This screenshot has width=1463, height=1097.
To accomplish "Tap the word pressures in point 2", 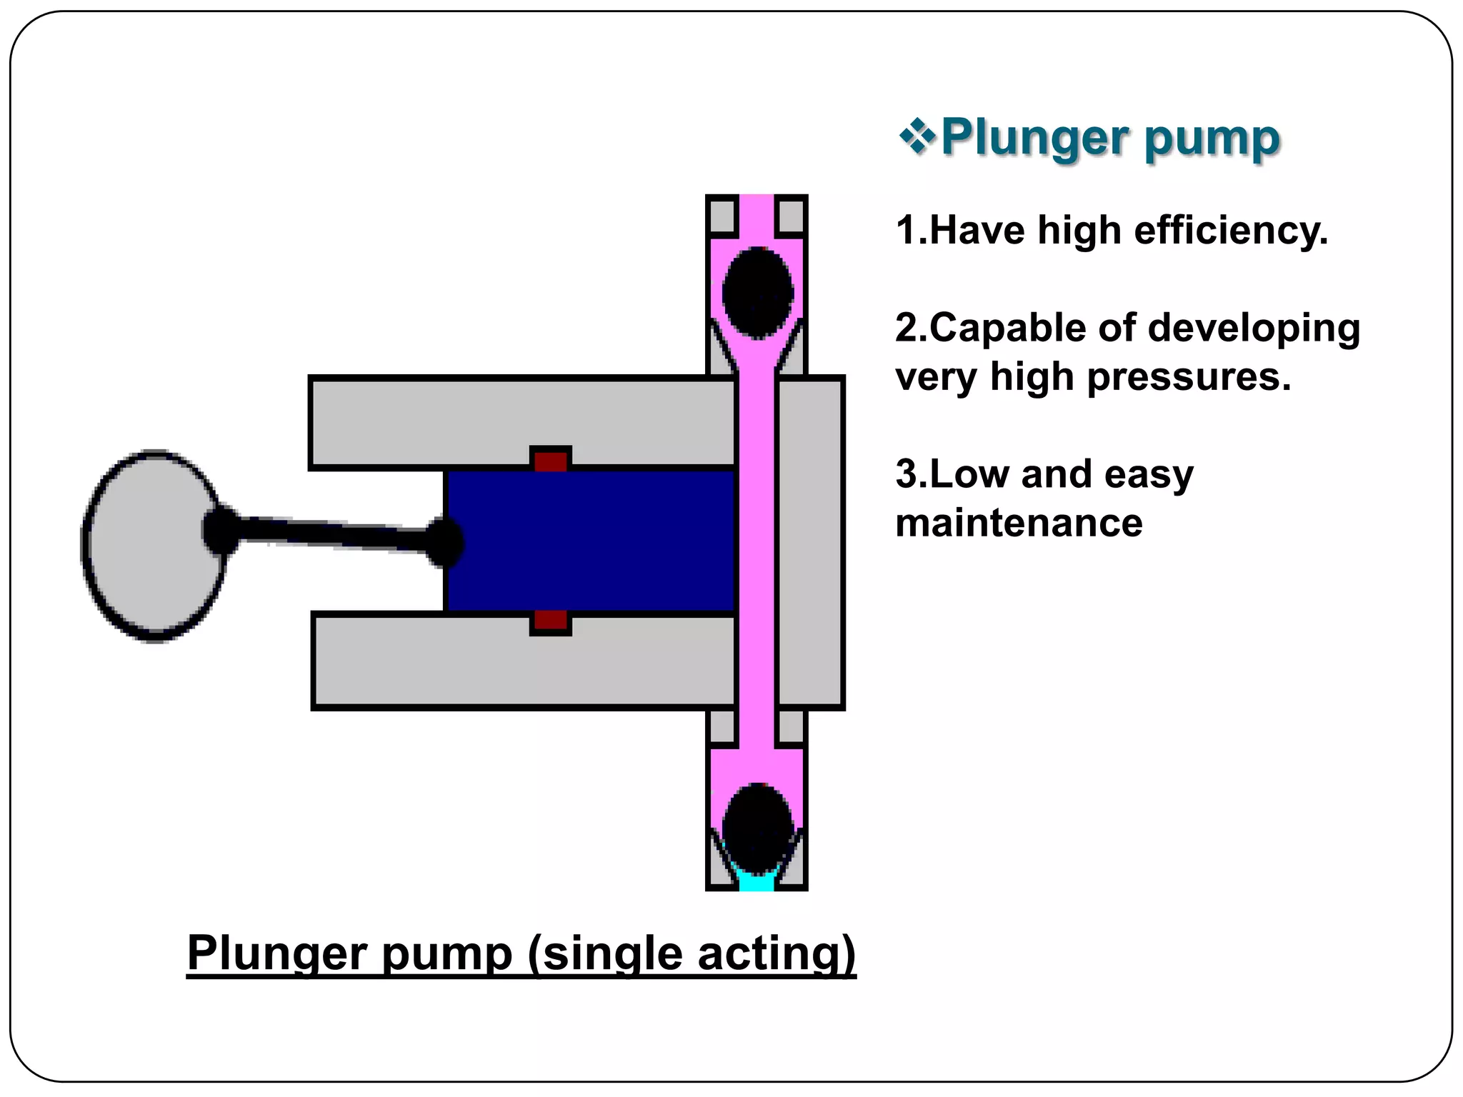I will click(x=1189, y=377).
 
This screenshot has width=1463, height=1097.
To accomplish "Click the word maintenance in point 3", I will click(x=1019, y=524).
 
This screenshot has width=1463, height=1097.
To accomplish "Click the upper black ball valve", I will click(x=757, y=293).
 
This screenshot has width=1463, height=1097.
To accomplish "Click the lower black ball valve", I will click(x=757, y=828).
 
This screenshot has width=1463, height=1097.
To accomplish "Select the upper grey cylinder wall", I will click(x=521, y=421).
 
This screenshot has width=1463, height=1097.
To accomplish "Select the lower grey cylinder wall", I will click(x=521, y=661).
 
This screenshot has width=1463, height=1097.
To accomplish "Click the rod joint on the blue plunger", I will click(x=444, y=543).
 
